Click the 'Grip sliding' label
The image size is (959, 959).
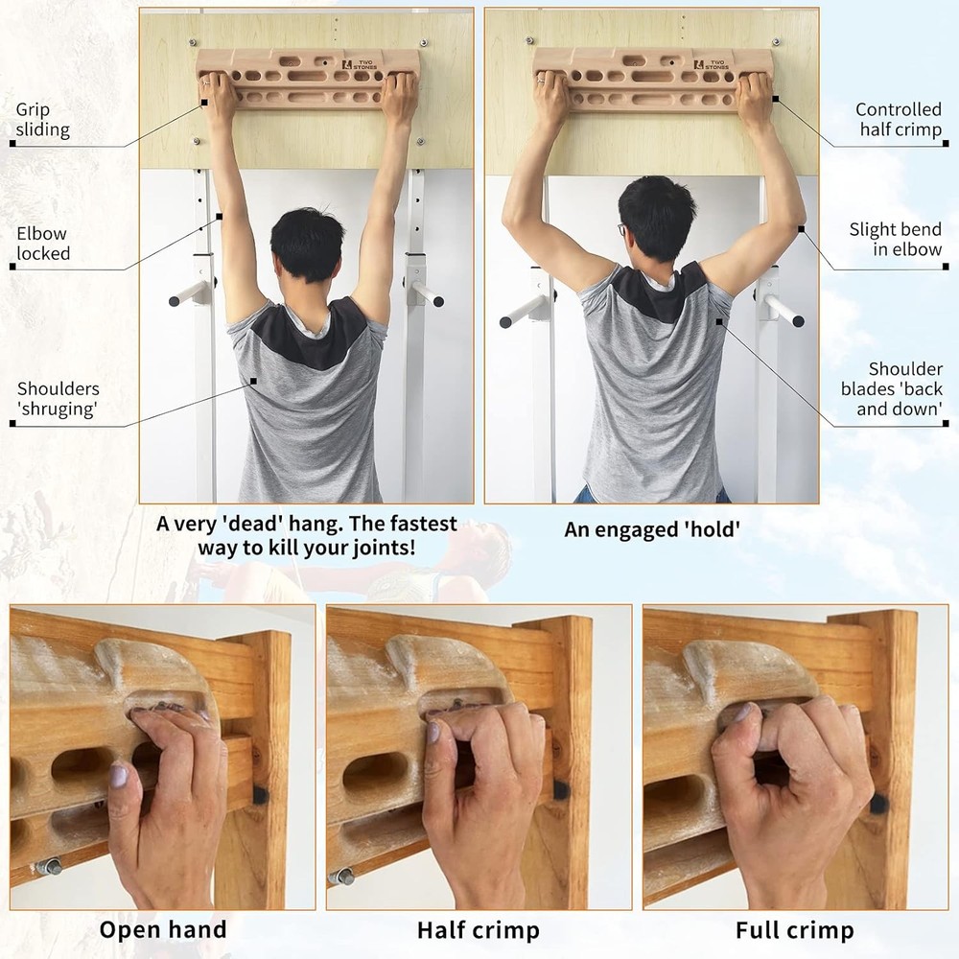[x=42, y=119]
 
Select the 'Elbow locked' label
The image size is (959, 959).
[x=43, y=244]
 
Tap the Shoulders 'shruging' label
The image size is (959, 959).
[x=58, y=399]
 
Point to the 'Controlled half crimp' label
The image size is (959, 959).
[x=900, y=120]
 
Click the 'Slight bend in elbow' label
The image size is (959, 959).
[x=895, y=239]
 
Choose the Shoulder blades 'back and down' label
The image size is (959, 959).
[x=892, y=388]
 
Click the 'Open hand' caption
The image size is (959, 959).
[x=163, y=929]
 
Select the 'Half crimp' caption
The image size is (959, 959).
[x=478, y=929]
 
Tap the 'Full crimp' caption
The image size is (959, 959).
[x=794, y=929]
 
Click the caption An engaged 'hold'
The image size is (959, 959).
[x=652, y=528]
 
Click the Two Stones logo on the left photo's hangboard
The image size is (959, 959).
[x=362, y=63]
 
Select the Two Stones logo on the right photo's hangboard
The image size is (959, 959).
[x=710, y=64]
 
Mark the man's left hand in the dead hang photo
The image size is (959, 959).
[x=218, y=91]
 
